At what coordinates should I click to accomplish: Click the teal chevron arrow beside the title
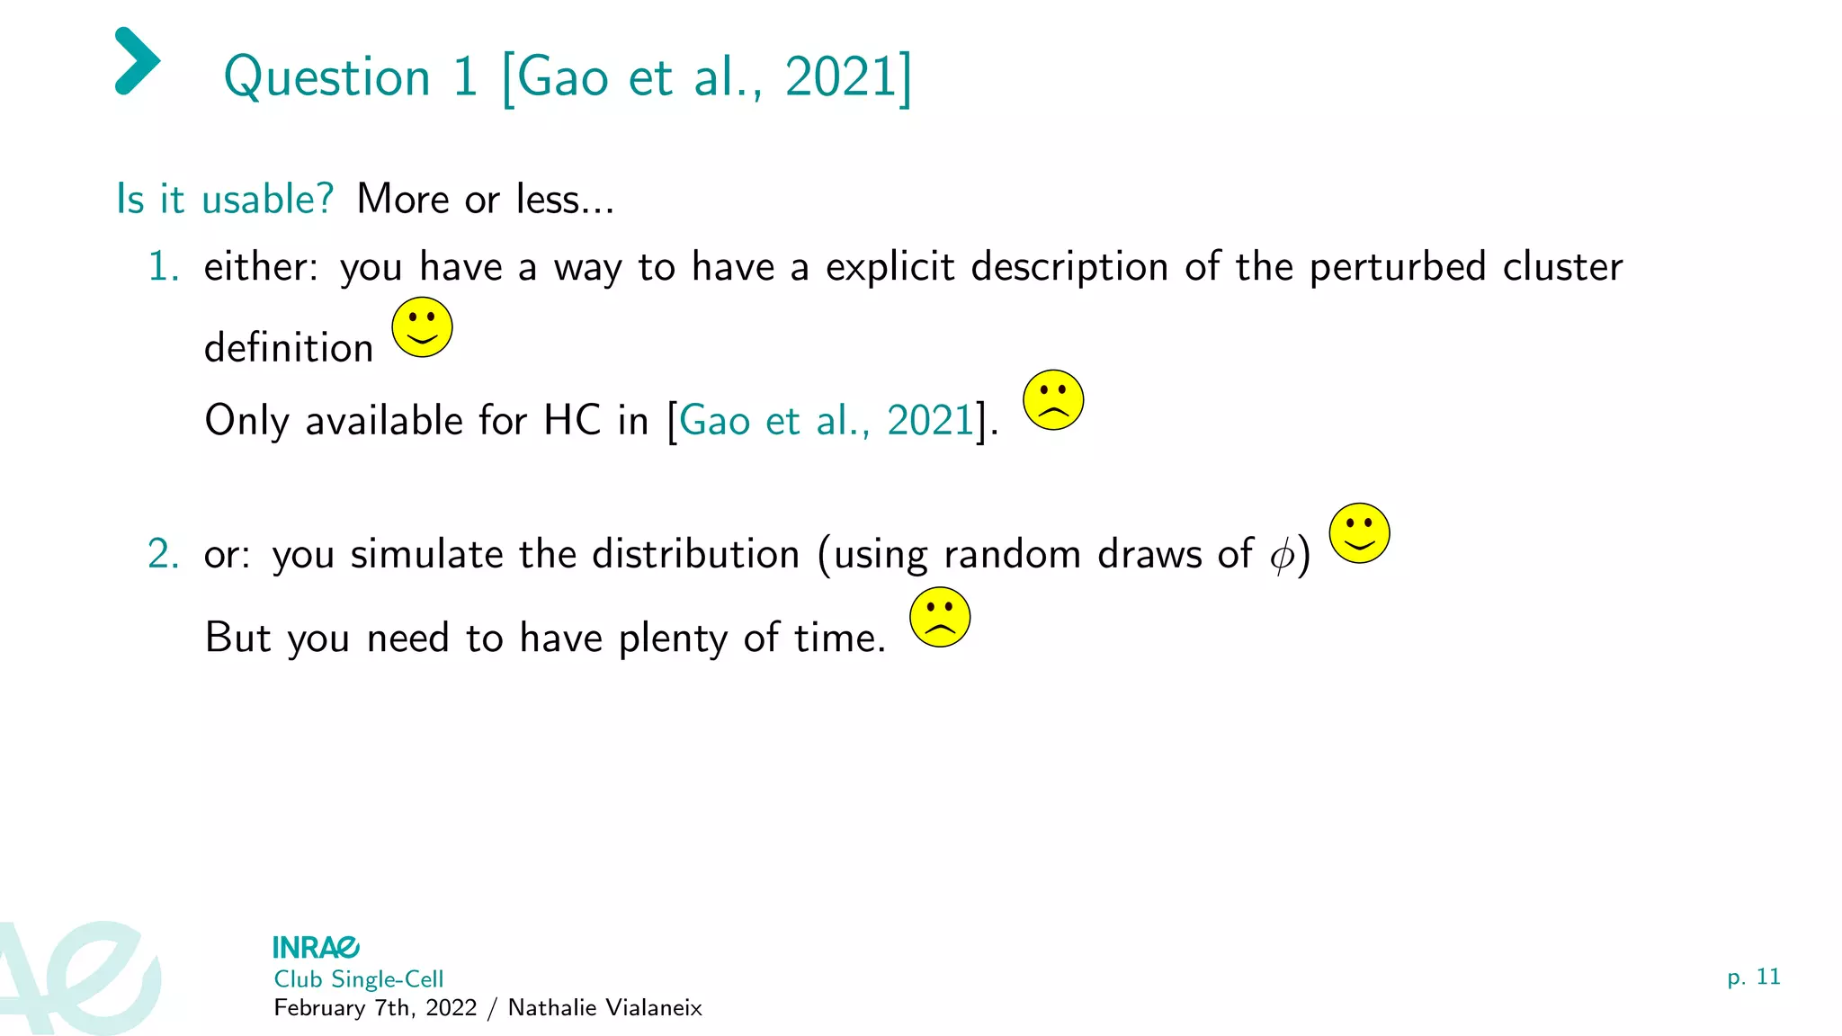pyautogui.click(x=137, y=61)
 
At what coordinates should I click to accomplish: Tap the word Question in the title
pyautogui.click(x=327, y=77)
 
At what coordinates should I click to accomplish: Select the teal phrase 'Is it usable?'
pyautogui.click(x=225, y=199)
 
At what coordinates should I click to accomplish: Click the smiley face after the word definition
pyautogui.click(x=422, y=327)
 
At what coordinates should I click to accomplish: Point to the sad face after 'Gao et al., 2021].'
pyautogui.click(x=1053, y=400)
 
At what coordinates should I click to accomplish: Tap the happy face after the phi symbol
pyautogui.click(x=1359, y=533)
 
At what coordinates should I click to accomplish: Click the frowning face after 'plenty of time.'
pyautogui.click(x=940, y=618)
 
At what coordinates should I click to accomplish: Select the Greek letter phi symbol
pyautogui.click(x=1282, y=555)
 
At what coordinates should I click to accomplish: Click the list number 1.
pyautogui.click(x=163, y=267)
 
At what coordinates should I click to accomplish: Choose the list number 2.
pyautogui.click(x=163, y=554)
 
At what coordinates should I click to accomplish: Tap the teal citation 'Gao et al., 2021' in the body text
pyautogui.click(x=827, y=421)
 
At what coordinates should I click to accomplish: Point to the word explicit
pyautogui.click(x=890, y=267)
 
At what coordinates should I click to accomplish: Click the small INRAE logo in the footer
pyautogui.click(x=316, y=947)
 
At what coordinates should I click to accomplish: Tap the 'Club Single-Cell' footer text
pyautogui.click(x=359, y=979)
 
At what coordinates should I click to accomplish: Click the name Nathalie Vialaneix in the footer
pyautogui.click(x=604, y=1008)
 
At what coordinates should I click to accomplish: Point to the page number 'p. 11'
pyautogui.click(x=1753, y=978)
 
